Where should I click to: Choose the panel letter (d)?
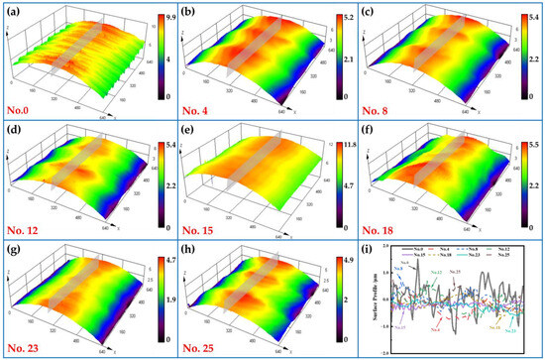point(13,131)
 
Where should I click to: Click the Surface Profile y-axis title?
point(378,298)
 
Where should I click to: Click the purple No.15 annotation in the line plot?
point(398,326)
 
